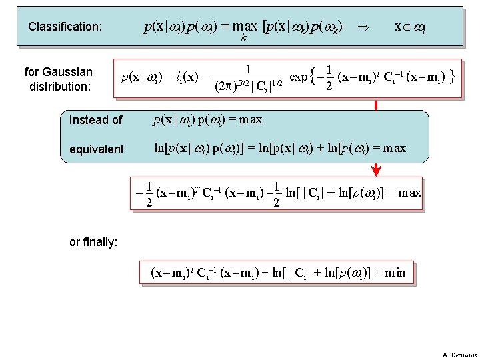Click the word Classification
[x=65, y=27]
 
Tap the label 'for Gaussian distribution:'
[x=58, y=79]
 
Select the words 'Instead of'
[x=96, y=120]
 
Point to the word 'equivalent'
[x=97, y=149]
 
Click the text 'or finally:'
[x=93, y=242]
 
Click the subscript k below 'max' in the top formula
[x=243, y=40]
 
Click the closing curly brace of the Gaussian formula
[x=453, y=77]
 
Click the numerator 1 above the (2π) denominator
[x=248, y=69]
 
